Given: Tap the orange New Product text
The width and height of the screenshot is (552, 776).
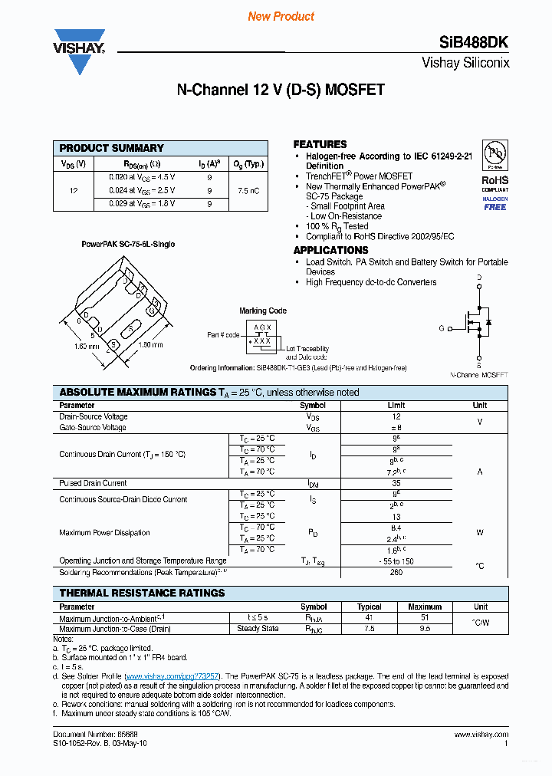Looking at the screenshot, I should point(281,16).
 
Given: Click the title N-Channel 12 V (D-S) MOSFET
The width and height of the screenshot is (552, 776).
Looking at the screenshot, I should point(281,90).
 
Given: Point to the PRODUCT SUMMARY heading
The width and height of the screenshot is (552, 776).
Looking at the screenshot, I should point(112,148).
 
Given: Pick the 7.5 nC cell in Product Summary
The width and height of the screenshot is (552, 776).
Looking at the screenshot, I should point(248,190).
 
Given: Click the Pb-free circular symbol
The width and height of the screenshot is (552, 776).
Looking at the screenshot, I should point(495,153).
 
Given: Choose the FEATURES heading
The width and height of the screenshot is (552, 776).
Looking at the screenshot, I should point(320,144).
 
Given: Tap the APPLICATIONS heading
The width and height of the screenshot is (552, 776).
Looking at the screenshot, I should point(330,250).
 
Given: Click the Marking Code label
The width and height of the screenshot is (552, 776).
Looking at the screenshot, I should point(263,311).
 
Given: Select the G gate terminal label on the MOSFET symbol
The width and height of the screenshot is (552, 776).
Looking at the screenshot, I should point(442,328).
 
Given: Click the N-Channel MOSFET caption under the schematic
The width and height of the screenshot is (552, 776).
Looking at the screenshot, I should point(479,375).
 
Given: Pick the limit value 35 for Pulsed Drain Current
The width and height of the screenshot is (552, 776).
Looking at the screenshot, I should point(396,483).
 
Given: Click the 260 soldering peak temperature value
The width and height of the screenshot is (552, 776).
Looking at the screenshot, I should point(396,572).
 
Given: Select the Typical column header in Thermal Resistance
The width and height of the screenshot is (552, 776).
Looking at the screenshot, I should point(370,607).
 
